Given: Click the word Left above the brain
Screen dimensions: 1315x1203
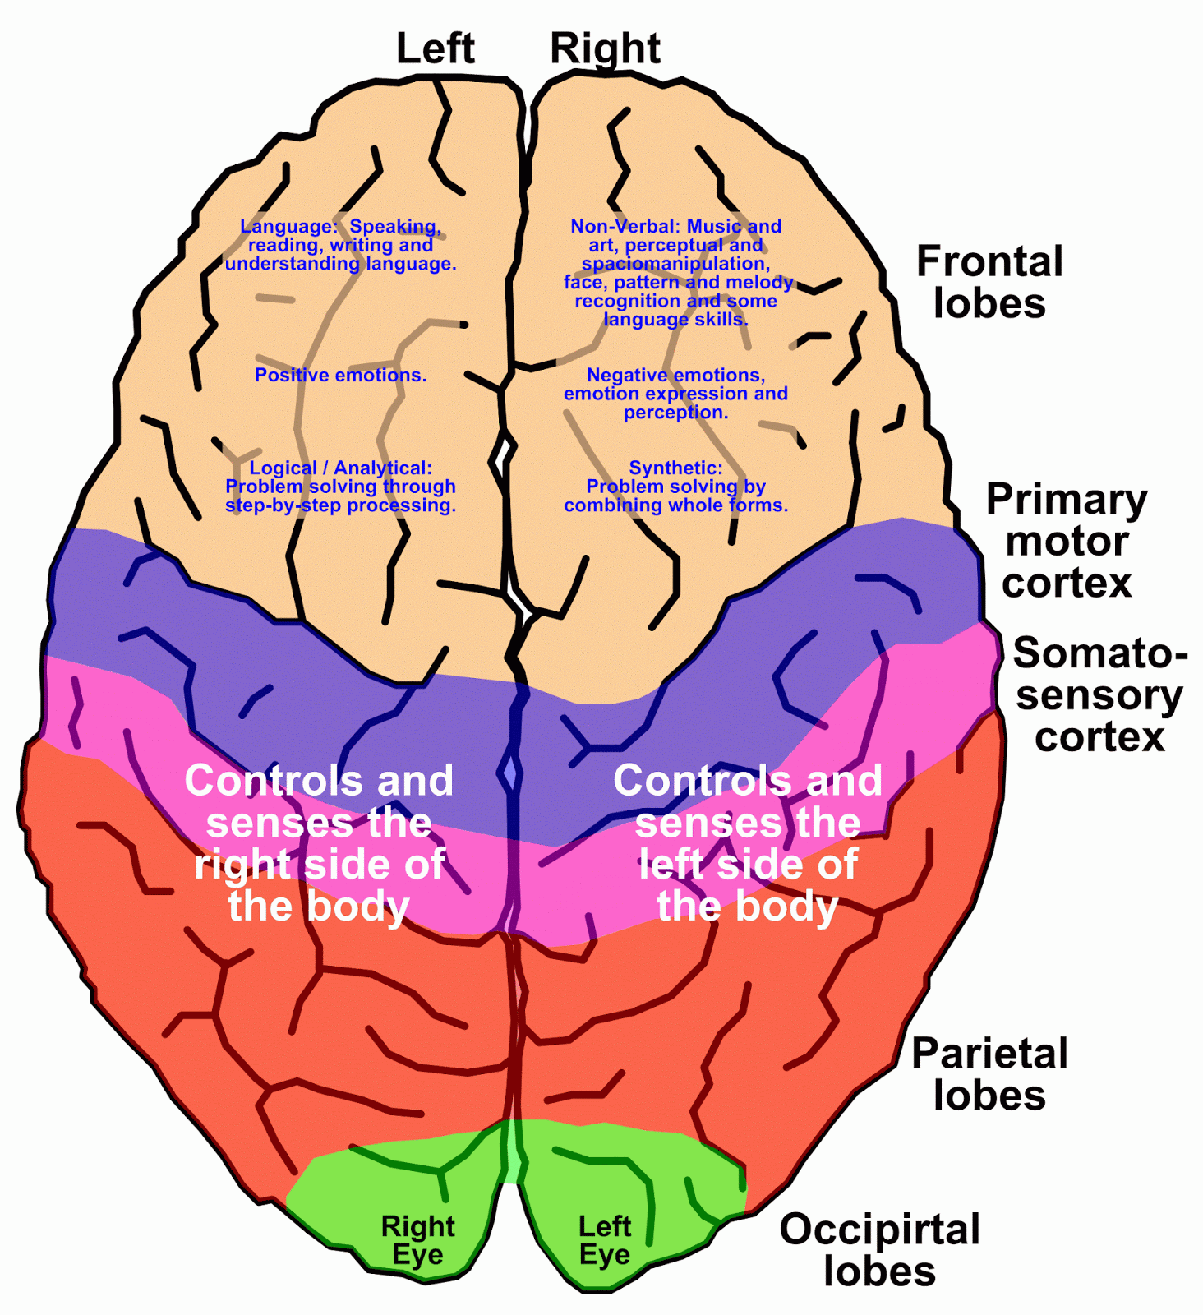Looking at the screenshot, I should click(435, 48).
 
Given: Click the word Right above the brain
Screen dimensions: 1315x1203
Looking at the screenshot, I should click(605, 48).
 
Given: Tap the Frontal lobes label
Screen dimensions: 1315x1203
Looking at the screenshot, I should click(989, 282).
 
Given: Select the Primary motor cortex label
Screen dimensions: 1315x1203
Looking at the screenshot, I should click(1067, 541).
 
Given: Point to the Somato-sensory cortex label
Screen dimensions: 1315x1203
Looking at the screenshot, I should click(1099, 694).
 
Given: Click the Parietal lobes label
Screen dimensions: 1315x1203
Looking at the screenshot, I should click(989, 1074).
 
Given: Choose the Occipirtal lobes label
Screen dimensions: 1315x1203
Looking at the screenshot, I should click(879, 1250).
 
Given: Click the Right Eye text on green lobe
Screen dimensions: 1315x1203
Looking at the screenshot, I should click(417, 1240).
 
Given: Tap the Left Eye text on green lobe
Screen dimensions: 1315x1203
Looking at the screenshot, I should click(605, 1240).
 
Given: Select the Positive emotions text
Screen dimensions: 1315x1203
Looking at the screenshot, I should click(340, 376).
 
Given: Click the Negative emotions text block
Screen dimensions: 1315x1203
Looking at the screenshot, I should click(675, 394).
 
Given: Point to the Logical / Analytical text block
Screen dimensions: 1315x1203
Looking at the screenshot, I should click(340, 487).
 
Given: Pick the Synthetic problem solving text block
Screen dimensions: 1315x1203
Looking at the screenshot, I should click(675, 487).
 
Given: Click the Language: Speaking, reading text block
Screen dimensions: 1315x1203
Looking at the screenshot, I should click(340, 245).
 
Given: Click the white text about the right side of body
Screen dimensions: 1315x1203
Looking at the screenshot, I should click(319, 843).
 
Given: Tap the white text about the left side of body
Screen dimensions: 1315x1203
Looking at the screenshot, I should click(748, 843).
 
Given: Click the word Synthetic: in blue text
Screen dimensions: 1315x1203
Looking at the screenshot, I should click(675, 468).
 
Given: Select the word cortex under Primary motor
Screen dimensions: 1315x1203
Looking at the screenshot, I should click(1067, 584).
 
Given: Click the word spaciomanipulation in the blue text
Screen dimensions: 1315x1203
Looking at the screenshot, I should click(675, 264).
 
